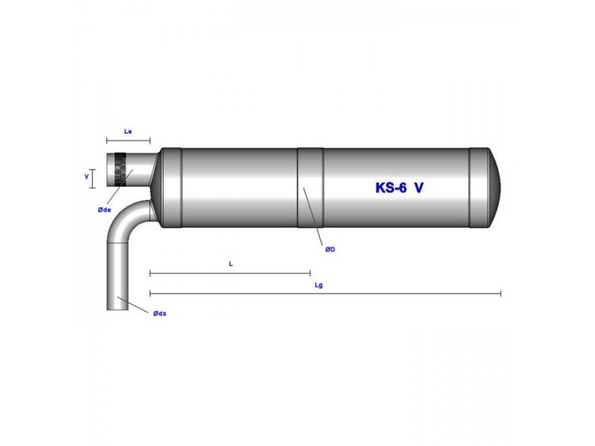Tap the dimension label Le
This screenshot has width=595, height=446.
pyautogui.click(x=127, y=131)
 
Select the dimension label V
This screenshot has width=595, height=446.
pyautogui.click(x=86, y=177)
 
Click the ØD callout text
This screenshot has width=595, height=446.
pyautogui.click(x=330, y=250)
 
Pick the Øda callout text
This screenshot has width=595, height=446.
pyautogui.click(x=159, y=314)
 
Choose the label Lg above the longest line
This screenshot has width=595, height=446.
pyautogui.click(x=319, y=285)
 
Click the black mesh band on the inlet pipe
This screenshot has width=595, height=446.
pyautogui.click(x=121, y=169)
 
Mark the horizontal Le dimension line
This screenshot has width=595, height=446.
pyautogui.click(x=127, y=140)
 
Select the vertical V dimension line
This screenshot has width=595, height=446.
pyautogui.click(x=93, y=177)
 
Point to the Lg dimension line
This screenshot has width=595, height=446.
pyautogui.click(x=325, y=294)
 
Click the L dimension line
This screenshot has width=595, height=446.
pyautogui.click(x=230, y=274)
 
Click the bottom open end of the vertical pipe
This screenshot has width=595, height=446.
pyautogui.click(x=118, y=308)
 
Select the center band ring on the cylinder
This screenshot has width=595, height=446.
pyautogui.click(x=310, y=187)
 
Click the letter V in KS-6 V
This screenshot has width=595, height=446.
pyautogui.click(x=419, y=188)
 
